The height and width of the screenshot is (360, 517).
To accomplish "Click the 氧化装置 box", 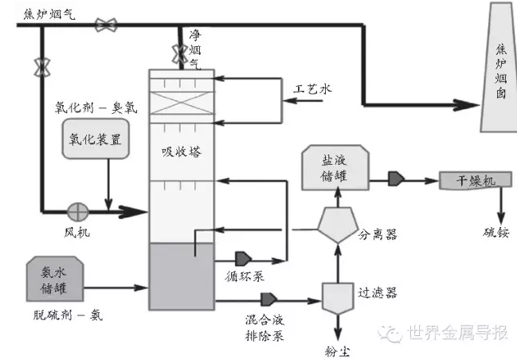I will coord(95,139).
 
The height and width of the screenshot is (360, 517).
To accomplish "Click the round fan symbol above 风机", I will coord(78,211).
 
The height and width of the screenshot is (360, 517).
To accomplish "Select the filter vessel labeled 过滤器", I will coord(337,298).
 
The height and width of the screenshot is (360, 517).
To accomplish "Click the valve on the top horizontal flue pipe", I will coord(104,25).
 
